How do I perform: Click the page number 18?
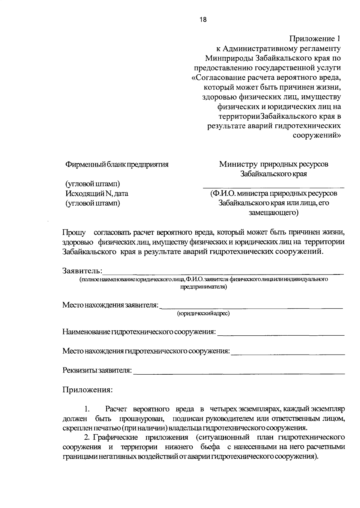click(x=203, y=20)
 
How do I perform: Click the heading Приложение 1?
click(x=315, y=39)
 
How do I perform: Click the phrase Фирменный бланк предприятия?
click(x=117, y=164)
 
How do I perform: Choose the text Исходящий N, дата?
click(x=97, y=193)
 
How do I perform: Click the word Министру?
click(x=238, y=164)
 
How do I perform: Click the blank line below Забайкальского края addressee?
click(x=273, y=187)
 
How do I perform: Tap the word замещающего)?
click(x=273, y=213)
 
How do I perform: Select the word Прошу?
click(x=74, y=232)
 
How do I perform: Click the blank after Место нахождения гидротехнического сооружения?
click(x=288, y=354)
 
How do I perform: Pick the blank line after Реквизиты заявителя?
click(x=239, y=373)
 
